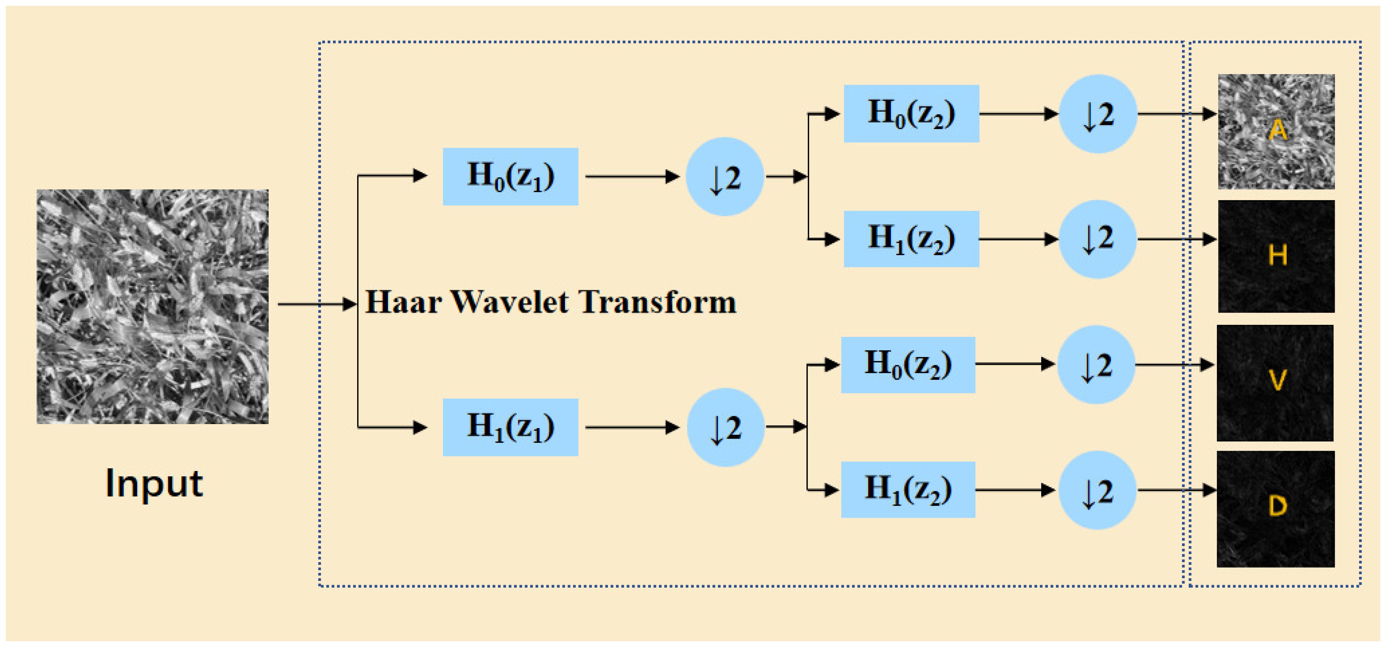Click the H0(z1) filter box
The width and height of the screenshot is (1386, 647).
510,176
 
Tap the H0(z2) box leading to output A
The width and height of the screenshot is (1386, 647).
911,114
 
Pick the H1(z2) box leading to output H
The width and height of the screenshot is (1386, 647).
911,239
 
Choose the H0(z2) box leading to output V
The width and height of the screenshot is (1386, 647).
908,365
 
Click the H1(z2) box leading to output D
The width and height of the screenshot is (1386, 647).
908,489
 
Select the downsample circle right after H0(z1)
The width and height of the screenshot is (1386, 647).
724,176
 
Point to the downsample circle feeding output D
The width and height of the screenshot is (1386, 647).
1097,490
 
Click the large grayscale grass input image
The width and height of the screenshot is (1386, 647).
152,307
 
